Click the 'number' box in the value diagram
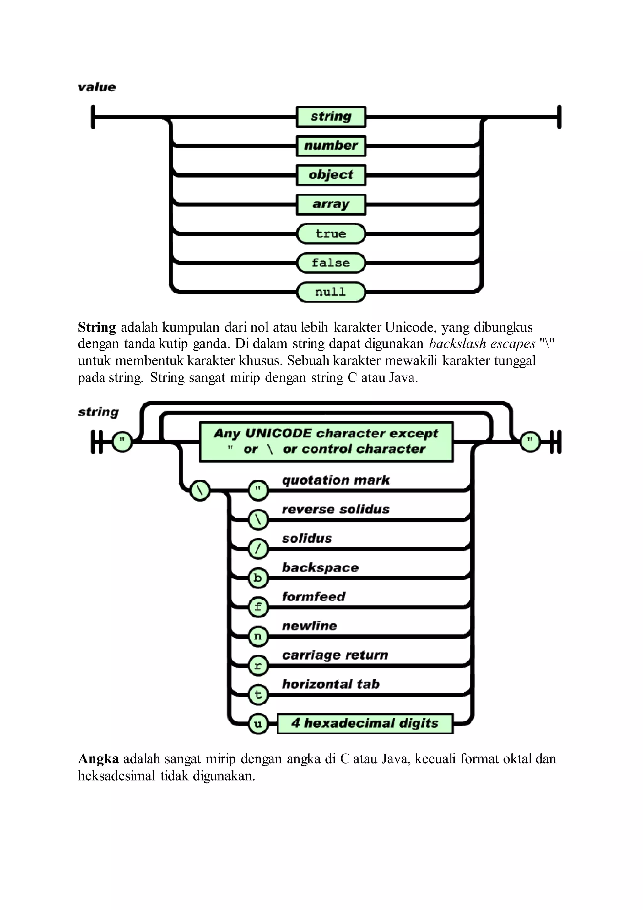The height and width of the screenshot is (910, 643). tap(331, 146)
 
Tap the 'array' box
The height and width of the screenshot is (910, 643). tap(331, 205)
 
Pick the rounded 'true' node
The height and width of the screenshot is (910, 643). tap(331, 234)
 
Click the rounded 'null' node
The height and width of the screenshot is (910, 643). tap(331, 293)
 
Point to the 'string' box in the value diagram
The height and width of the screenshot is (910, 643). tap(331, 117)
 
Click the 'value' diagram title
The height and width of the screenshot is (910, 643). tap(97, 87)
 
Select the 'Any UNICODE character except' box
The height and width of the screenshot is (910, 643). tap(326, 441)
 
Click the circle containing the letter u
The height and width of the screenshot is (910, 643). tap(258, 724)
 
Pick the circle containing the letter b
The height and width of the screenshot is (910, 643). tap(258, 578)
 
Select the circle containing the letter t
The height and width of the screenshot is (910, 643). tap(258, 695)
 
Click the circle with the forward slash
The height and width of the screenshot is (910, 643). tap(258, 549)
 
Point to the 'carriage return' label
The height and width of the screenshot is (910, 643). tap(335, 655)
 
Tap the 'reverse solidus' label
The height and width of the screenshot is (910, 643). tap(335, 509)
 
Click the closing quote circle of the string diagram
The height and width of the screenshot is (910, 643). tap(530, 441)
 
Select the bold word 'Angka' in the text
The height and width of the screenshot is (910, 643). tap(98, 759)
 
